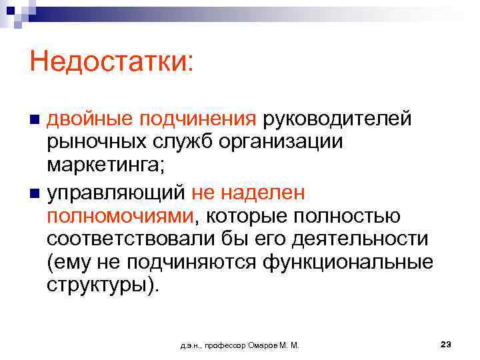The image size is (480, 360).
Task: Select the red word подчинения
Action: (195, 119)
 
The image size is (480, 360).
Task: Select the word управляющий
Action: (115, 193)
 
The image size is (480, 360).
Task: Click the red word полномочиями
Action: (121, 216)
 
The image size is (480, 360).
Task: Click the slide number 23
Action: (446, 344)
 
